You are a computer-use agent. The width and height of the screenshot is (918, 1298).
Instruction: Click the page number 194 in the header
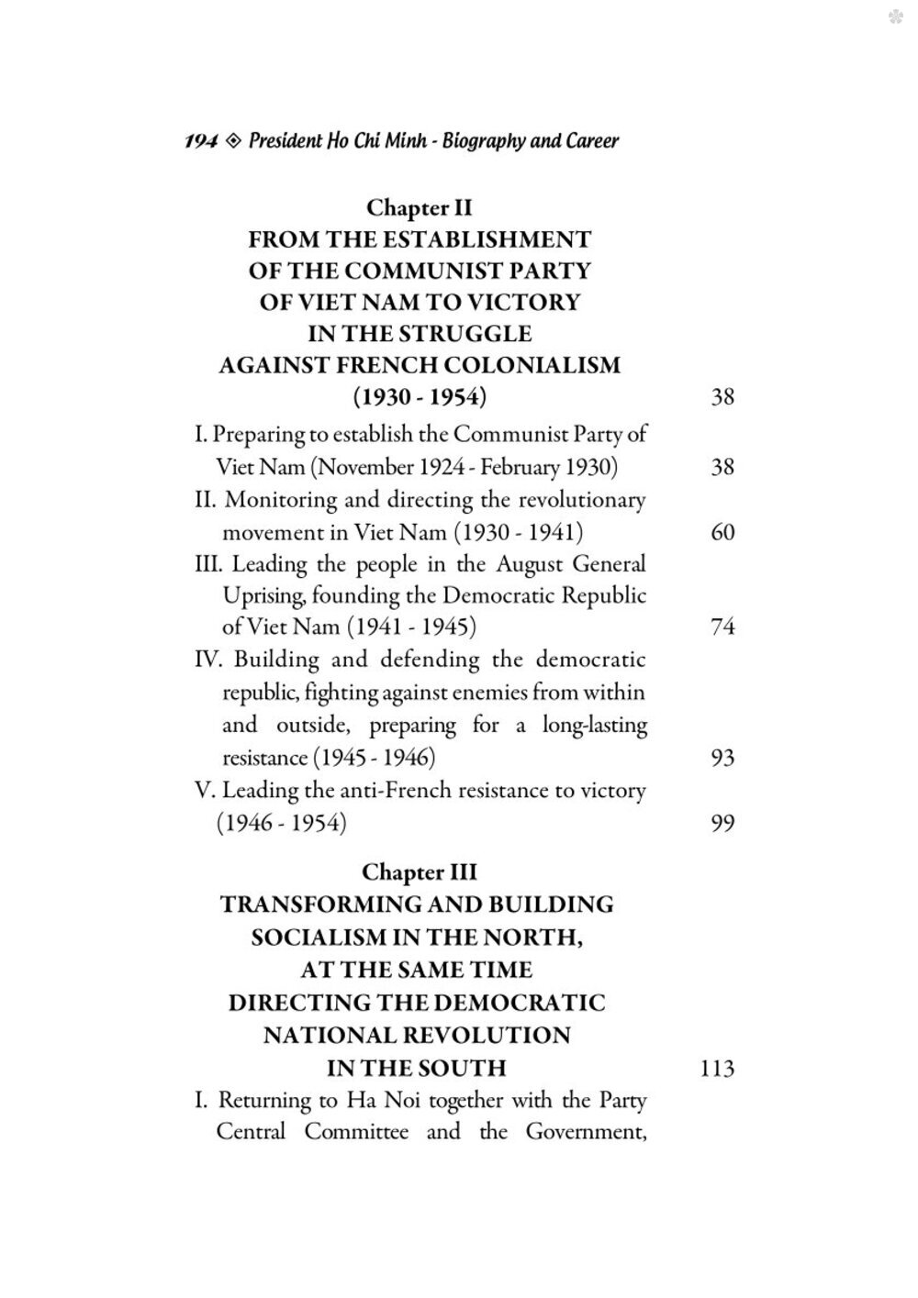[x=199, y=141]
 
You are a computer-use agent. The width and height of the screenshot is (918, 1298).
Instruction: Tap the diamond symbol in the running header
[x=233, y=141]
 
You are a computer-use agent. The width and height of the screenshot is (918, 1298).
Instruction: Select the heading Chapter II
[x=419, y=208]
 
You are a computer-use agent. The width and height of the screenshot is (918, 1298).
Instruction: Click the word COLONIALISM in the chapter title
[x=532, y=365]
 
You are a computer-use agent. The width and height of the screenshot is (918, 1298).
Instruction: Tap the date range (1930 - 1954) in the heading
[x=420, y=397]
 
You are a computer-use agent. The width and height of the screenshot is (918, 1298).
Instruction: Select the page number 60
[x=722, y=532]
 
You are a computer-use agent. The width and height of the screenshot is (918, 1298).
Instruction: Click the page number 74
[x=722, y=627]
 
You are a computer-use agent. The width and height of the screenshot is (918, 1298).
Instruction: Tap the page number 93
[x=722, y=758]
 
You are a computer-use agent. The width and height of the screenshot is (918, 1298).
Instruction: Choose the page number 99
[x=722, y=823]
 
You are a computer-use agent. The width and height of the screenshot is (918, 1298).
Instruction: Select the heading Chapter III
[x=419, y=871]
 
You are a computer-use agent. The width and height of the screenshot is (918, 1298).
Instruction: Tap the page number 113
[x=717, y=1069]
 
